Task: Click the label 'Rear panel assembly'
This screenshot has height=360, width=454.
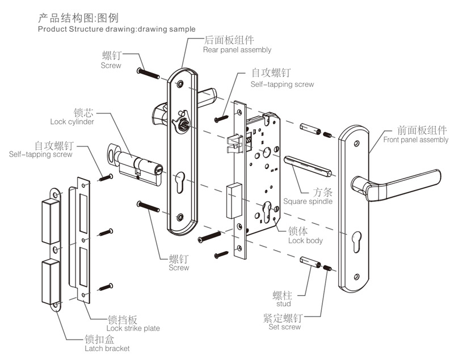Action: point(237,50)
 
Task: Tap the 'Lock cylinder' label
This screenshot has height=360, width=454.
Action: point(72,121)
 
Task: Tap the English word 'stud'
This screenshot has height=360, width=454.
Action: point(283,304)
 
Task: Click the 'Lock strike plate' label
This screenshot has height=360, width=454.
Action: point(133,328)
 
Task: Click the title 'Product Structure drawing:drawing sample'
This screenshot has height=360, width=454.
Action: point(116,29)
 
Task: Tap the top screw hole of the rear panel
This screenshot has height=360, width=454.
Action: point(180,83)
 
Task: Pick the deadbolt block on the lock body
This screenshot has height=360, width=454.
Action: point(233,201)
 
